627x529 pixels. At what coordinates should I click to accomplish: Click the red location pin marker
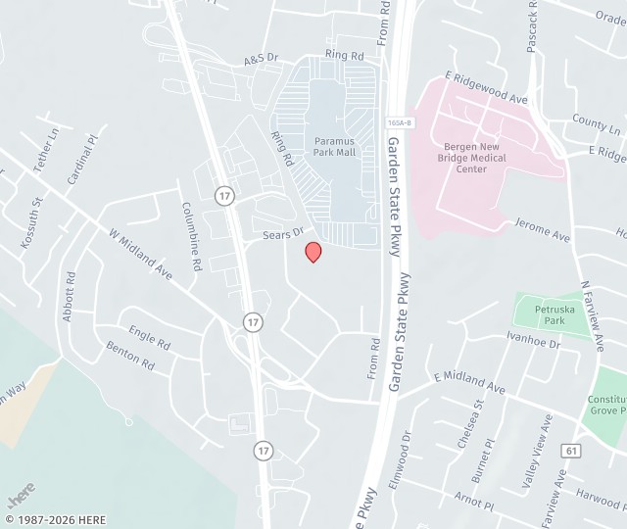click(313, 252)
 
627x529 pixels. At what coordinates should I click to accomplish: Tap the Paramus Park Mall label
click(334, 146)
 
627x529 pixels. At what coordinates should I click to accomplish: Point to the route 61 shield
click(569, 450)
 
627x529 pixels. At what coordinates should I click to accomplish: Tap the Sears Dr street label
click(283, 235)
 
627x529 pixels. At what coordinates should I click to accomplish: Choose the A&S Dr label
click(262, 60)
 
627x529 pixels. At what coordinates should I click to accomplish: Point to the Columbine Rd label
click(191, 236)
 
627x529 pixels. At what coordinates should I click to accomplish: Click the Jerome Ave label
click(542, 230)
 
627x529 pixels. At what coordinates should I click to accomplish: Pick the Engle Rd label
click(149, 338)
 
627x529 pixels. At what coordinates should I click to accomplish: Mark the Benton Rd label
click(130, 356)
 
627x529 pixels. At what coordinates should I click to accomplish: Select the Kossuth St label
click(30, 224)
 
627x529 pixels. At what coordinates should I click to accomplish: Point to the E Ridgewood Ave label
click(486, 88)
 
